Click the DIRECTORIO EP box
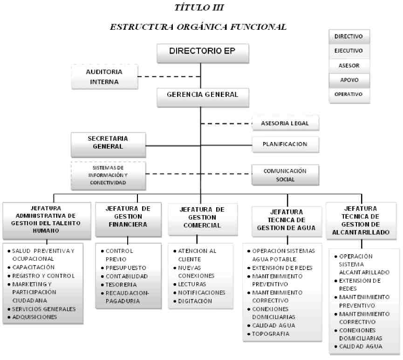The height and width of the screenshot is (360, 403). (203, 53)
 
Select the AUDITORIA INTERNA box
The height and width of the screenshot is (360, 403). (105, 77)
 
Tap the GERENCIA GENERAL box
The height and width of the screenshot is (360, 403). (203, 97)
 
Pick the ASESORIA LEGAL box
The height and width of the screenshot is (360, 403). (286, 123)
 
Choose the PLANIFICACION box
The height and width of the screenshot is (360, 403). (286, 144)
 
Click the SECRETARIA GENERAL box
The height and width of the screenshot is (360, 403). (108, 145)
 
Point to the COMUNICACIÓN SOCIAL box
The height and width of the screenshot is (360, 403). (285, 175)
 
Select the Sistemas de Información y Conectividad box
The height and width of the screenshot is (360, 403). (108, 176)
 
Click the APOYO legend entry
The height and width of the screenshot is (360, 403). (349, 80)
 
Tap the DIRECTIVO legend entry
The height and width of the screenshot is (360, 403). (349, 36)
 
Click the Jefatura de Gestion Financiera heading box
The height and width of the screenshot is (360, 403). (128, 219)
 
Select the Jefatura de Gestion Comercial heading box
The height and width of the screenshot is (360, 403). (203, 219)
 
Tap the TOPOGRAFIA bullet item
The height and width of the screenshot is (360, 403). (268, 334)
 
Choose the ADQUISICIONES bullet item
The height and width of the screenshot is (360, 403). (33, 317)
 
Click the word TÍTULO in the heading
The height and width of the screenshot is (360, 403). (191, 7)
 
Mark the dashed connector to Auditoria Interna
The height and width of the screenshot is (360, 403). (169, 76)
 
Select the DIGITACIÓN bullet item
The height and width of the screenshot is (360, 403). (193, 301)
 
